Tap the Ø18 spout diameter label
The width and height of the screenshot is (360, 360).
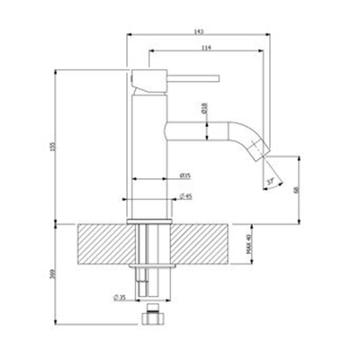205,108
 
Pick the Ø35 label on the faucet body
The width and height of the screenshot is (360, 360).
184,174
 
